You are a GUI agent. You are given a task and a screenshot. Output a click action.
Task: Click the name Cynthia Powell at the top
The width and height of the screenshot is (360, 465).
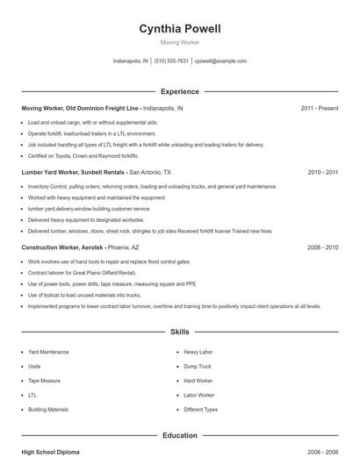click(179, 29)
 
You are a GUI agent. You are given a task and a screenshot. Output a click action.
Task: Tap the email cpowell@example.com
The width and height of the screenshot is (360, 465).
click(220, 61)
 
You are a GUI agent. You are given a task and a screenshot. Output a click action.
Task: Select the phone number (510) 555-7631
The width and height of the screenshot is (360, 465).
click(171, 61)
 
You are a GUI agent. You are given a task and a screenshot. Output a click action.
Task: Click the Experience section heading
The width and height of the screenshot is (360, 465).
click(179, 91)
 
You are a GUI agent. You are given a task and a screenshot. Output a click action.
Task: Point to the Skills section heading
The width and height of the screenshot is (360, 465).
click(179, 333)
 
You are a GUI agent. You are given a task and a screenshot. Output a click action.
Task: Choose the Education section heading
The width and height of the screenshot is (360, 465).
click(179, 435)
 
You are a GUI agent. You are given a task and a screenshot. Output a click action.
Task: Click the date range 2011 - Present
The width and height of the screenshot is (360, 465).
click(319, 108)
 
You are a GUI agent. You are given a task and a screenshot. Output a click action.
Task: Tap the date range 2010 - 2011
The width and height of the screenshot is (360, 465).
click(322, 173)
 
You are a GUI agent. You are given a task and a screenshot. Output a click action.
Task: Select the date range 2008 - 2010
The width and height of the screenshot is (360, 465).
click(322, 247)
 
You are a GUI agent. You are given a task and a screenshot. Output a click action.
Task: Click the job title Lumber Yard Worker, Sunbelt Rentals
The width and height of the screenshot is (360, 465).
click(74, 173)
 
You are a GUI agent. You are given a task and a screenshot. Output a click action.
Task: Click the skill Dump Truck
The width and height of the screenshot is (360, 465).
click(198, 366)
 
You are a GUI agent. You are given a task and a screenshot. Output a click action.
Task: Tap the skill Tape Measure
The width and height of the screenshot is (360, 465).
click(44, 381)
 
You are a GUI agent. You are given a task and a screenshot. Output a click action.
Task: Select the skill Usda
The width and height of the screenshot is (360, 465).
click(34, 366)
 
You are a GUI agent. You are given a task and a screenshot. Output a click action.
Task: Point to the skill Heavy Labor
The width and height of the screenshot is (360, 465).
click(198, 352)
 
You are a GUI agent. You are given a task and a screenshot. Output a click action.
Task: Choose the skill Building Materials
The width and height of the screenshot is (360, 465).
click(48, 410)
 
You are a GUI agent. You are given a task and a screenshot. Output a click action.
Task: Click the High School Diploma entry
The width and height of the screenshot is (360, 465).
click(50, 452)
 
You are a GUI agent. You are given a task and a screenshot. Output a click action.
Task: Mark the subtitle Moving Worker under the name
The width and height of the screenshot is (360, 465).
click(179, 43)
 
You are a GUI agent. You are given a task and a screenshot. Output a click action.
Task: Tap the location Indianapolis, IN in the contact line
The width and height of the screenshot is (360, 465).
click(131, 61)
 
